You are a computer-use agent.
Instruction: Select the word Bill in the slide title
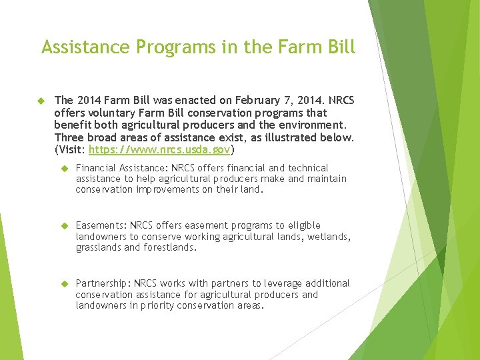tap(341, 47)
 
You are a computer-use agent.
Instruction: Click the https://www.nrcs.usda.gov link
tap(159, 149)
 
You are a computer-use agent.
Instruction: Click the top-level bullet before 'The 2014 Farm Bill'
tap(39, 101)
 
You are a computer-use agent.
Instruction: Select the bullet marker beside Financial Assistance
tap(65, 168)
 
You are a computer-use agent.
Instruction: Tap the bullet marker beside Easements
tap(65, 225)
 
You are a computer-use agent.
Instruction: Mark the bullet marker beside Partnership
tap(65, 283)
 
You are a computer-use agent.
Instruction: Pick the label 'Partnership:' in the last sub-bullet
tap(103, 283)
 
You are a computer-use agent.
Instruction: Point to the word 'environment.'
tap(313, 125)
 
